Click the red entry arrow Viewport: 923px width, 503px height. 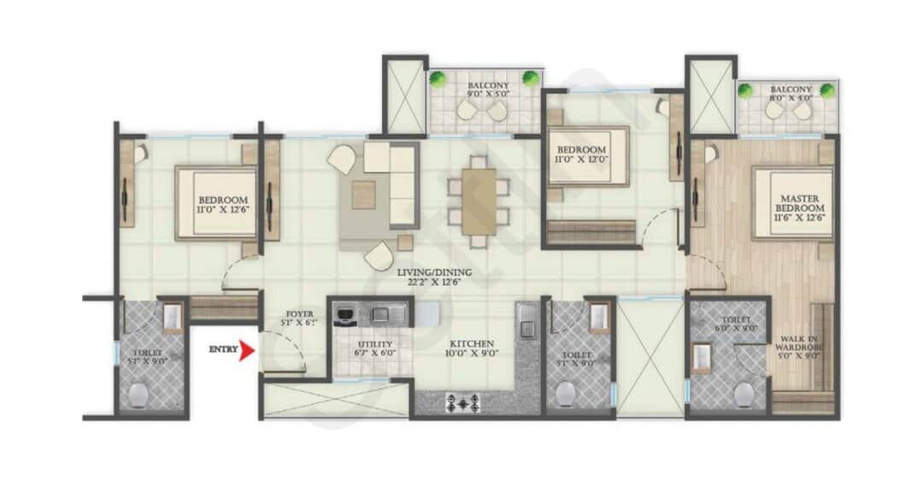[248, 350]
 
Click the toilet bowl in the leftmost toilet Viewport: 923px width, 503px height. [139, 394]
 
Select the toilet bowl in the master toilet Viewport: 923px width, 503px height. [744, 393]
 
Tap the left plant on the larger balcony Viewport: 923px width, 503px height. [438, 79]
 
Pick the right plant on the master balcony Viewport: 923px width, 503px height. [826, 91]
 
